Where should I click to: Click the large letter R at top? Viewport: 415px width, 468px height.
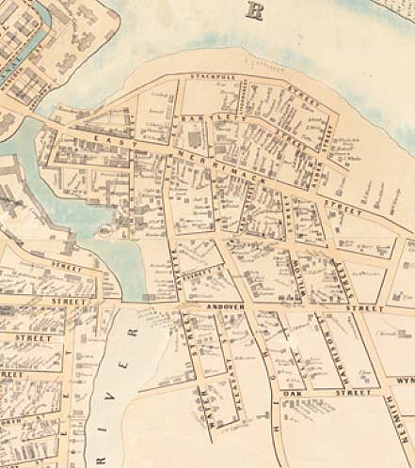(252, 10)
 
